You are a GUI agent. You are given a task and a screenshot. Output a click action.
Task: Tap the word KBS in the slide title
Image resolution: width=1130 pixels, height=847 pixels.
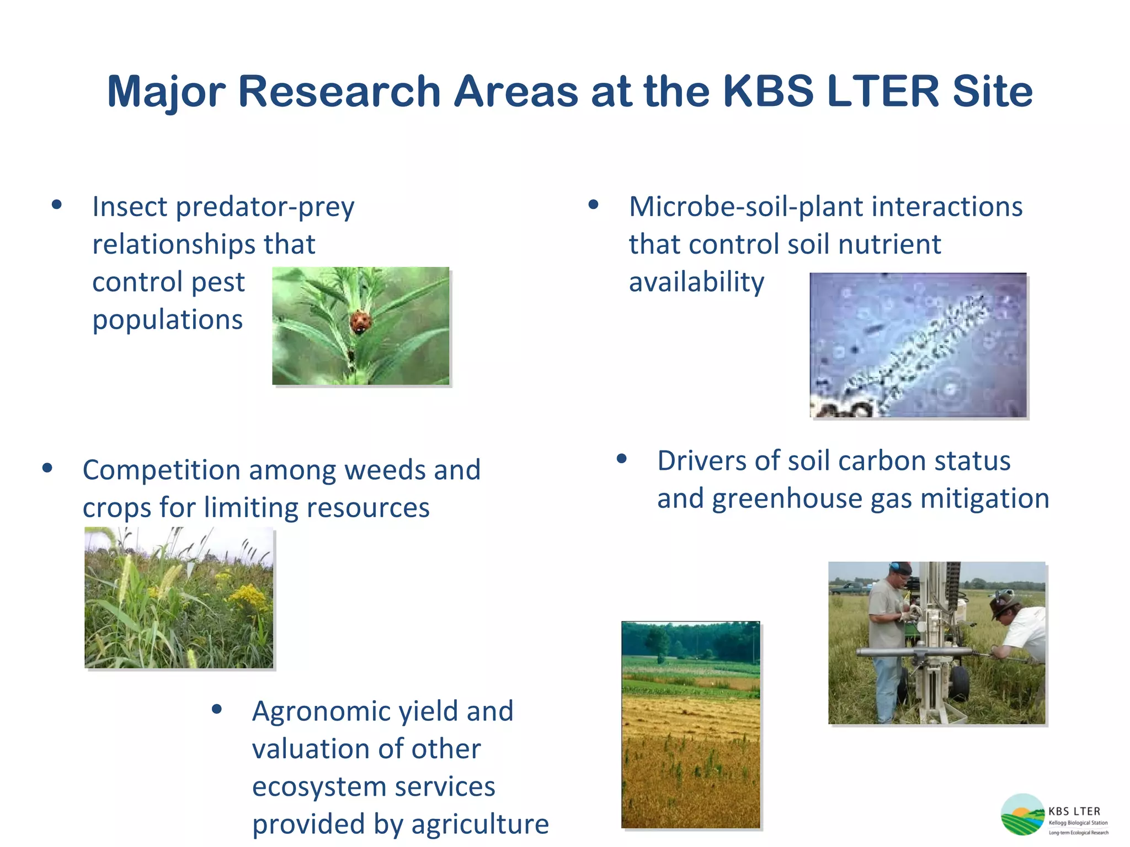tap(767, 91)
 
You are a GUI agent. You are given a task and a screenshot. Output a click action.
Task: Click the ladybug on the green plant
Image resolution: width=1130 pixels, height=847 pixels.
tap(360, 321)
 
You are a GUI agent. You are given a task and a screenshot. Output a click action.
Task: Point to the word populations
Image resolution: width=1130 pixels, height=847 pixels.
tap(167, 320)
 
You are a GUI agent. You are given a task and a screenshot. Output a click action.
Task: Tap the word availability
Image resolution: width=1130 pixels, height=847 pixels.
tap(696, 282)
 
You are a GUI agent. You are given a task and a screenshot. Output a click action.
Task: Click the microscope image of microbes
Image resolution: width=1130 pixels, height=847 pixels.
tap(918, 345)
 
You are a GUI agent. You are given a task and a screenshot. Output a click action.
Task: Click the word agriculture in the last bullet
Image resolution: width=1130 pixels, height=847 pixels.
tap(479, 824)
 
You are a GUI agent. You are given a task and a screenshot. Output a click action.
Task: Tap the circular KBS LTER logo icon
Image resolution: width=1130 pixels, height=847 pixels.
tap(1022, 814)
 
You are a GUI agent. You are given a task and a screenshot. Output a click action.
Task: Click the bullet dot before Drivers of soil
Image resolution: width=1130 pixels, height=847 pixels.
tap(622, 459)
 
